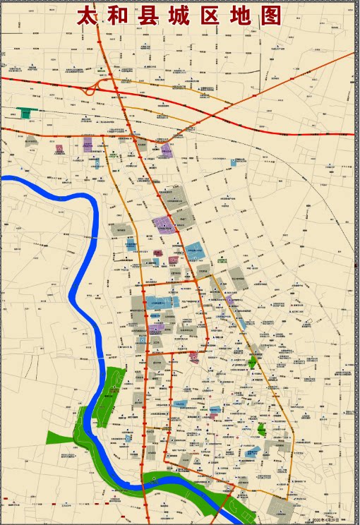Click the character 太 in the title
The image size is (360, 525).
pos(89,16)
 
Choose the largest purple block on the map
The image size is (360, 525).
pos(164,225)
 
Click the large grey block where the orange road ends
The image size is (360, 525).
pos(284,507)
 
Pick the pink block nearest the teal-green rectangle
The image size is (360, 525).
pos(59,148)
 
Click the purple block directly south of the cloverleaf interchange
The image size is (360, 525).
pos(88,147)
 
